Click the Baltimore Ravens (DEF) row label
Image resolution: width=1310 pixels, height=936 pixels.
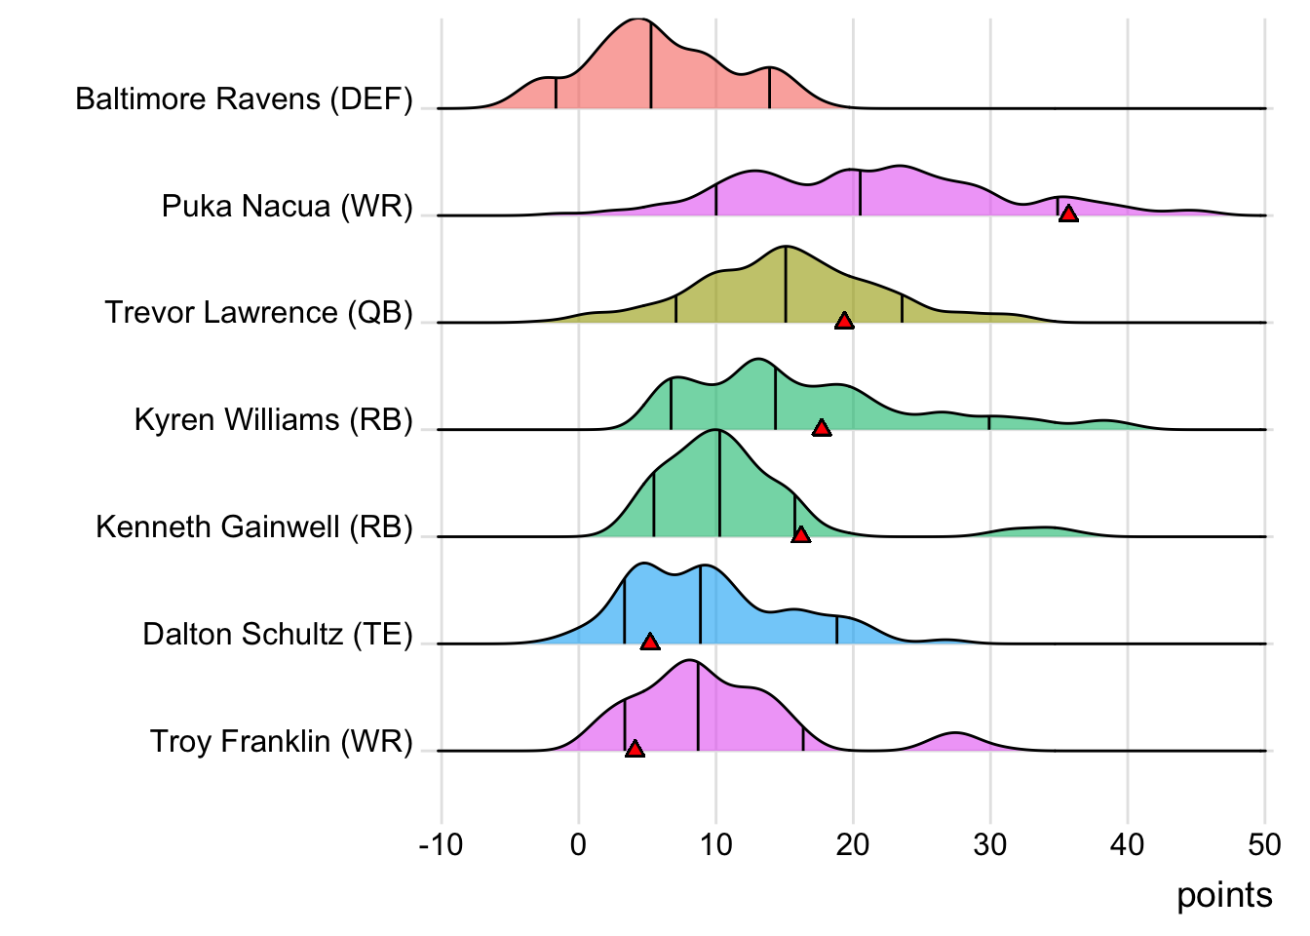(x=244, y=98)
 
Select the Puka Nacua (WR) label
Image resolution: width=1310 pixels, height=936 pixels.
(x=287, y=206)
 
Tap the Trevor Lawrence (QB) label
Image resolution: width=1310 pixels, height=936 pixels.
(x=258, y=312)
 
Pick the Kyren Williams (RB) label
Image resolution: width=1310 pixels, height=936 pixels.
(x=273, y=419)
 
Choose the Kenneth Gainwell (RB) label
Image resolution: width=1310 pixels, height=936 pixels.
(x=253, y=526)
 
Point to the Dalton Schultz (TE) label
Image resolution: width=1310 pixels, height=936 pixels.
(x=277, y=634)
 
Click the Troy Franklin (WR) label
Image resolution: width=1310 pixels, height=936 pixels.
(x=281, y=741)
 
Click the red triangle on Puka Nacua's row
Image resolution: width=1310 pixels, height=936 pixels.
(x=1068, y=214)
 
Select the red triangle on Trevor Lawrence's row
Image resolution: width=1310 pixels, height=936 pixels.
(x=844, y=321)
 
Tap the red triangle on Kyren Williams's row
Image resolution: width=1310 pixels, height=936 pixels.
(x=822, y=428)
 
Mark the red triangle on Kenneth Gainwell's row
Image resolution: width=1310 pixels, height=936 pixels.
(x=800, y=535)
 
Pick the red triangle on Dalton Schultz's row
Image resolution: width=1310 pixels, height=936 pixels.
(x=650, y=642)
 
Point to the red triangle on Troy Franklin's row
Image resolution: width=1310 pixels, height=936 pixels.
(x=635, y=749)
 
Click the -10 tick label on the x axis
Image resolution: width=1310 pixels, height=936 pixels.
(x=441, y=844)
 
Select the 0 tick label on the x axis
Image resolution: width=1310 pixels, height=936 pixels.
(x=578, y=844)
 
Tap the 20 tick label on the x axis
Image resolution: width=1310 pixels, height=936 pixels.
(x=853, y=844)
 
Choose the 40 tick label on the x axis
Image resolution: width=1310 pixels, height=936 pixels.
(x=1128, y=844)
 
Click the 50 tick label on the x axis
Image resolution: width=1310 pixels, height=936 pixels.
(x=1264, y=844)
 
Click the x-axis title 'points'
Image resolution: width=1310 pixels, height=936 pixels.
(x=1224, y=895)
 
